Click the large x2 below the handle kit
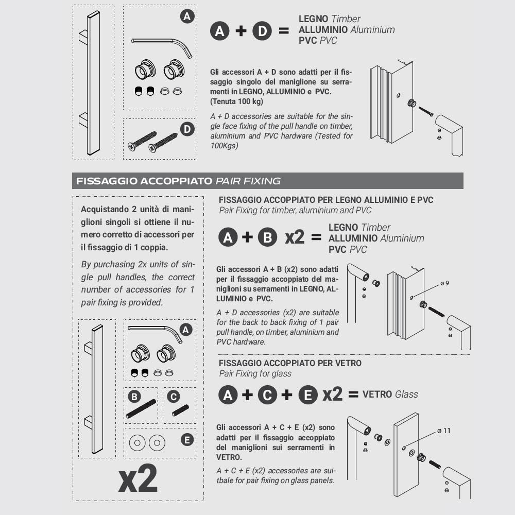pos(138,478)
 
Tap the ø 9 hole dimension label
pos(445,283)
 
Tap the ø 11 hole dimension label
pos(444,431)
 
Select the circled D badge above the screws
pos(187,129)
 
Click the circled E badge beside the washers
pos(187,439)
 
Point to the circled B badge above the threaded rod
pos(134,397)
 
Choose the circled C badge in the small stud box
pos(174,397)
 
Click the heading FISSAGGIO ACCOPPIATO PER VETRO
pos(290,363)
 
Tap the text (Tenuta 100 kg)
pos(236,101)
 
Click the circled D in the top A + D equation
pos(262,31)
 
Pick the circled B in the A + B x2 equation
pos(267,237)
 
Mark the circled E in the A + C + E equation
pos(308,394)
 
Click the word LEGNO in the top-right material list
pos(313,19)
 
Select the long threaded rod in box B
pos(141,408)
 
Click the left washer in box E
pos(138,443)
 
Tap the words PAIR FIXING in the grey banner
pos(248,181)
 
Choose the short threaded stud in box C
pos(180,410)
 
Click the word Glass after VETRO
pos(407,394)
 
